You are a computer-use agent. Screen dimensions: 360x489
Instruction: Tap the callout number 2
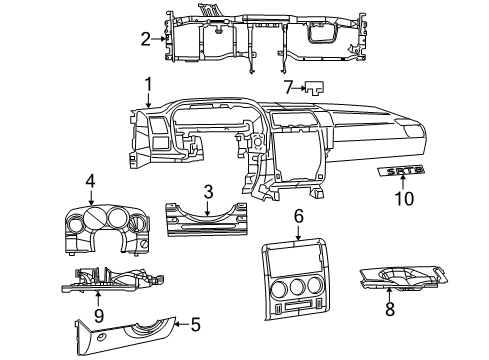tap(145, 39)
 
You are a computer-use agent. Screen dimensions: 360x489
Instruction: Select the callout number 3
tap(207, 191)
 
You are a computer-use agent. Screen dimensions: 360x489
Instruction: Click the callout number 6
tap(298, 217)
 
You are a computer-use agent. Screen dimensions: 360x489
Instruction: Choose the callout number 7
tap(287, 89)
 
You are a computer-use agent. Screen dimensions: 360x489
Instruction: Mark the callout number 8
tap(389, 310)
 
